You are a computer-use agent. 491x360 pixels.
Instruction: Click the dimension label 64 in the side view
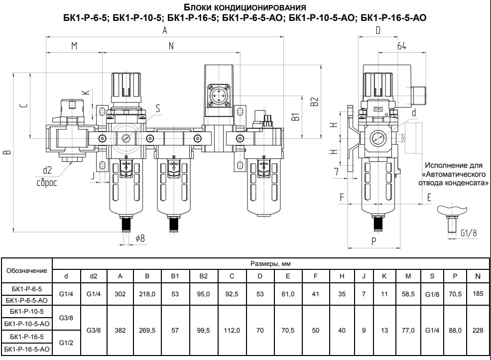pyautogui.click(x=402, y=46)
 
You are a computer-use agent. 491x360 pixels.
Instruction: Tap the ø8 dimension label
pyautogui.click(x=140, y=239)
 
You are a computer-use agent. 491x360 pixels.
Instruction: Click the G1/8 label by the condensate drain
pyautogui.click(x=469, y=233)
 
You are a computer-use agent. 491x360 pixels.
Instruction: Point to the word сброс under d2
pyautogui.click(x=47, y=182)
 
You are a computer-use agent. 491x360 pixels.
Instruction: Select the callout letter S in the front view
pyautogui.click(x=158, y=108)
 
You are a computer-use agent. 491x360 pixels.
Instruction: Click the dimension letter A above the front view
pyautogui.click(x=165, y=30)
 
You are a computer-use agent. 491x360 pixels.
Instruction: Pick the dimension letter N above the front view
pyautogui.click(x=171, y=46)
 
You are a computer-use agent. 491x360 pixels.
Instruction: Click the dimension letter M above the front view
pyautogui.click(x=74, y=46)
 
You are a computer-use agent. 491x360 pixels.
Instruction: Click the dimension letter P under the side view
pyautogui.click(x=373, y=241)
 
